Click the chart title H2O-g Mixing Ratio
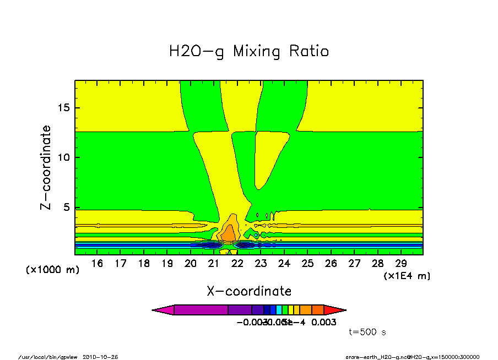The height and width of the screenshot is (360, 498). pos(249,52)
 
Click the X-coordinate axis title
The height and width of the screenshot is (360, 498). pos(249,291)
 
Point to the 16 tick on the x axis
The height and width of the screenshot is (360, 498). pos(98,264)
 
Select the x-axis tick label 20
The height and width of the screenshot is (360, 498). pos(191,264)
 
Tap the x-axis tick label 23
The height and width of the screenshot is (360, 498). pos(261,264)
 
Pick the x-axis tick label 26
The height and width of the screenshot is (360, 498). pos(331,264)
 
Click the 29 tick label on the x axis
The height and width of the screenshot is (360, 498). pos(400,264)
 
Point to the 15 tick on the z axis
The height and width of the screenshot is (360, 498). pos(64,107)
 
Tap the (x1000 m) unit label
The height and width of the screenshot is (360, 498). pos(52,270)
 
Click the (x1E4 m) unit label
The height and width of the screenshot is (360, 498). pos(407,276)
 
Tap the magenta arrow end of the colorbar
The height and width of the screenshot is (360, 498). pos(163,310)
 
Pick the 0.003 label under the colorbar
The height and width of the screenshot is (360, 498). pos(324,322)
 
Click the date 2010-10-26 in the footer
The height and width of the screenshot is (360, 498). pos(100,357)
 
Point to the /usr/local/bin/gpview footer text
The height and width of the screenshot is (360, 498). pos(48,357)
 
